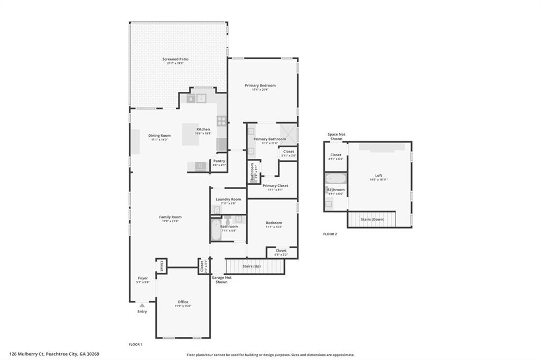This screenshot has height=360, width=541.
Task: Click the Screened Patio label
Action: pos(175,59)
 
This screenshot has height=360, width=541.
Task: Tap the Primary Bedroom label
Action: pos(260,85)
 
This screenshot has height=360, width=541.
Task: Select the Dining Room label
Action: pos(159,136)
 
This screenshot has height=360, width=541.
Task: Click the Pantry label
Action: pos(219,161)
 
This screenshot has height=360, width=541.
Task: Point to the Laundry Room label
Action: pos(228,199)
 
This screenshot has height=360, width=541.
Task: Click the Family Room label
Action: pos(170,217)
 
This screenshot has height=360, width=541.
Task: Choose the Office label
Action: pos(183,302)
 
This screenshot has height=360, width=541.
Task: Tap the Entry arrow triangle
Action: pos(142,305)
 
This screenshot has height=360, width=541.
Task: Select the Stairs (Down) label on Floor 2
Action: pos(372,219)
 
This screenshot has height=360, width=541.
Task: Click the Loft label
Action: pos(378,176)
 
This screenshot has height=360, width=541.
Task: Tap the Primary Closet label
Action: pos(275,186)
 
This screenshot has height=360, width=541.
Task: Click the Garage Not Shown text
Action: pos(221,280)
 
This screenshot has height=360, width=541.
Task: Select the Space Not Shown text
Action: pos(337,136)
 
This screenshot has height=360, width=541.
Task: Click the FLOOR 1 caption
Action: pos(136,344)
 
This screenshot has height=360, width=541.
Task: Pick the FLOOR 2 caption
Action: pos(330,234)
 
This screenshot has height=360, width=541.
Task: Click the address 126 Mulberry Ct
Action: pos(54,354)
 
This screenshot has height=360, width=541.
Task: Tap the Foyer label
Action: pos(143,278)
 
